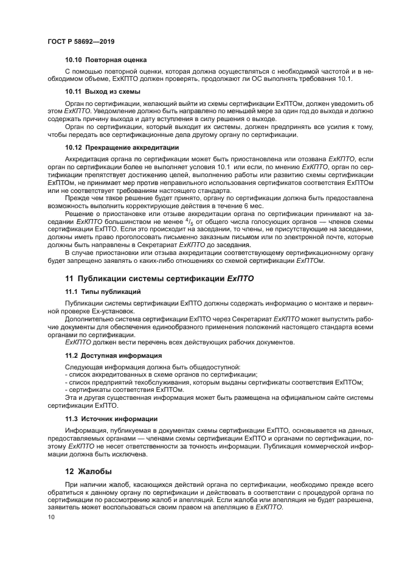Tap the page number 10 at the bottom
click(x=51, y=517)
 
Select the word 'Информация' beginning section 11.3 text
click(x=85, y=430)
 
